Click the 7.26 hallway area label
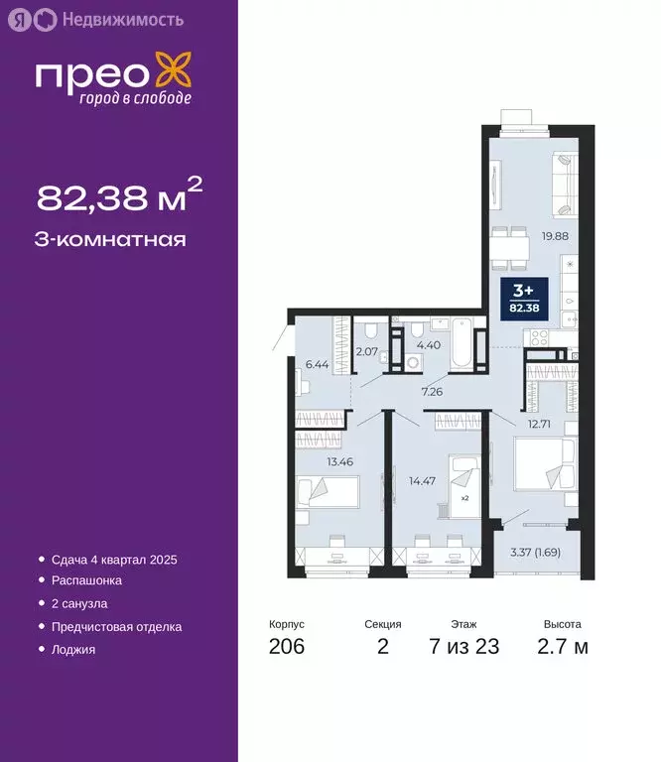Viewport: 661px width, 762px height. tap(432, 392)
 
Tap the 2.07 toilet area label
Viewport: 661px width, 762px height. tap(367, 351)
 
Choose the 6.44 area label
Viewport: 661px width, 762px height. tap(317, 365)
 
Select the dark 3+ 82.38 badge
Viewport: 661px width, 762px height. tap(523, 297)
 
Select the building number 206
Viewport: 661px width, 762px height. tap(287, 647)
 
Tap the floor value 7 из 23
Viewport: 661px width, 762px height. tap(463, 647)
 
